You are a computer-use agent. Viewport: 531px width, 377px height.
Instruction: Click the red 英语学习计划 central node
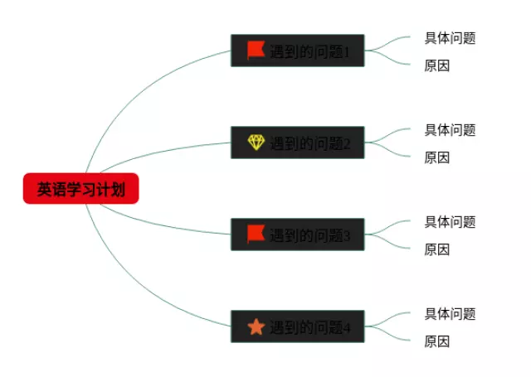[80, 189]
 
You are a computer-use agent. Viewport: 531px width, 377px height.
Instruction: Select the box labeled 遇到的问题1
[297, 51]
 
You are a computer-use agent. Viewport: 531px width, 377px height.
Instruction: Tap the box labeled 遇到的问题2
[297, 143]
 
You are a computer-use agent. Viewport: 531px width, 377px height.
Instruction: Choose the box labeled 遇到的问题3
[297, 234]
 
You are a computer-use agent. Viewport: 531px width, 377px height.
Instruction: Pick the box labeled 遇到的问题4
[297, 326]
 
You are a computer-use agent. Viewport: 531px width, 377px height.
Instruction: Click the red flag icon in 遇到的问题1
[256, 51]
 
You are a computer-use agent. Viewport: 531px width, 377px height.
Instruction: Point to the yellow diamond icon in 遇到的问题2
[256, 143]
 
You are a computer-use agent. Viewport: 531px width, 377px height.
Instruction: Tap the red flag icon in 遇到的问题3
[256, 234]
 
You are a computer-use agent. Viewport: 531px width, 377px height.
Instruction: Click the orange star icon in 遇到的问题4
[256, 326]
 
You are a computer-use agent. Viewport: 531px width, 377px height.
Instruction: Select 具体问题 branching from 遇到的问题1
[450, 38]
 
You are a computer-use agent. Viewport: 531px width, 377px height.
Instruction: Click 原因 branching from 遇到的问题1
[436, 65]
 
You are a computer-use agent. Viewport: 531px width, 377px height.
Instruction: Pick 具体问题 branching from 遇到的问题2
[450, 130]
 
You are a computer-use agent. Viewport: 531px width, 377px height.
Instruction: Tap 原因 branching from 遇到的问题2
[436, 157]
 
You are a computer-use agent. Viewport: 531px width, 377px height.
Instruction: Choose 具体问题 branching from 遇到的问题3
[450, 222]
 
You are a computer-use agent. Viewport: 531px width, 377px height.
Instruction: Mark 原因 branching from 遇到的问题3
[436, 249]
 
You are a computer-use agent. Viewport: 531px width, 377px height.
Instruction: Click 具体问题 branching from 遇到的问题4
[450, 314]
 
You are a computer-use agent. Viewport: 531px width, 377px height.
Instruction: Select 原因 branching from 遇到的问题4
[436, 341]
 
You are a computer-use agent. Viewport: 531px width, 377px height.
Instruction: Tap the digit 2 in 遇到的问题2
[348, 144]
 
